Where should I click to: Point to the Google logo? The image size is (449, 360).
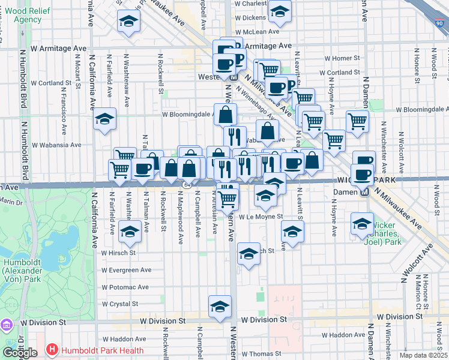point(20,353)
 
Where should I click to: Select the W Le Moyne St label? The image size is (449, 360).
point(261,217)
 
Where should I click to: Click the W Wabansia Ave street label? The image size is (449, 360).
point(61,145)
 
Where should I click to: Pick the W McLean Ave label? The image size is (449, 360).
point(258,32)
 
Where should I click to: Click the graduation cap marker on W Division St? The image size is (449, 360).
point(220,305)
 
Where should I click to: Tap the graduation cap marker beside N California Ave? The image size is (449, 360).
point(105,118)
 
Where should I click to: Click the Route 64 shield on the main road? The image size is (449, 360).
point(187,185)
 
